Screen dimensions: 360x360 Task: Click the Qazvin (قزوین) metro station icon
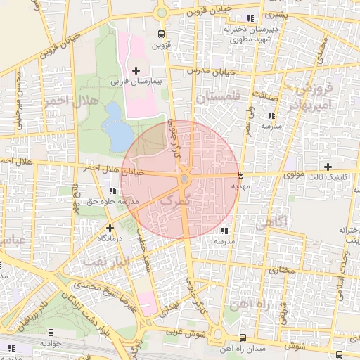click(162, 34)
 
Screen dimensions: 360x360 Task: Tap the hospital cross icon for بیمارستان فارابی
click(136, 70)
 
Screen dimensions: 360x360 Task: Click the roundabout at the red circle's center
click(184, 180)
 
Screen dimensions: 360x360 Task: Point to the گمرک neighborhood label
click(175, 202)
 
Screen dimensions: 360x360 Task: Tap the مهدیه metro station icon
click(241, 174)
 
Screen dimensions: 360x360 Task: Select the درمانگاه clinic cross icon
click(110, 228)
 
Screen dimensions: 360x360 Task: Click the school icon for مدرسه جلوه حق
click(113, 191)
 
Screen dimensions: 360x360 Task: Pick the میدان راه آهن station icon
click(243, 337)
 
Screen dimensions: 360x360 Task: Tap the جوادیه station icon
click(51, 332)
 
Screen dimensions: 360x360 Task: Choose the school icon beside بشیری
click(251, 18)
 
